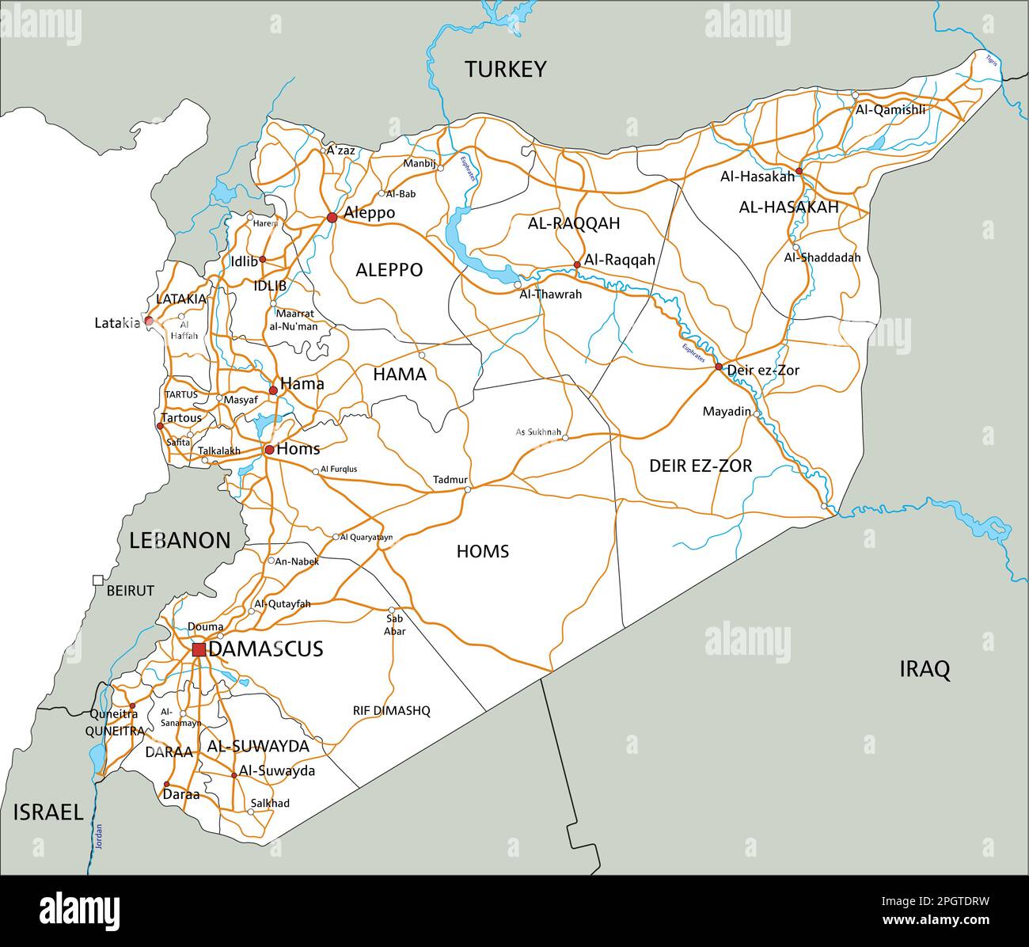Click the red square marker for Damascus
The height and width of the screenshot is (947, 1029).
(199, 649)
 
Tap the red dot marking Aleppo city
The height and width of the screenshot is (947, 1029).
(332, 217)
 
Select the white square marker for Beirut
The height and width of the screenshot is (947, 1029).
(98, 580)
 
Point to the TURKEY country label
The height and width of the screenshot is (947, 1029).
(505, 70)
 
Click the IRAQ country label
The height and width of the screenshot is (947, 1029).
(924, 670)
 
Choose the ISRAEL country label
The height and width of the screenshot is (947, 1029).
(47, 812)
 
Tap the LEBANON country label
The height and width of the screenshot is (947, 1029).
(180, 541)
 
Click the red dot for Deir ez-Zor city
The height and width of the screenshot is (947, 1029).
(719, 367)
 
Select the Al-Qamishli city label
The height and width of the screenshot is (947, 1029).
(890, 110)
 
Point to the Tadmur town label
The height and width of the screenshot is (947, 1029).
(450, 480)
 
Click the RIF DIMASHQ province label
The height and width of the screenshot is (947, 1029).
(391, 711)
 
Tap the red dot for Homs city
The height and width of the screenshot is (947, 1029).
(269, 450)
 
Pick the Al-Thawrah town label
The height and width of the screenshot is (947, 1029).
(550, 295)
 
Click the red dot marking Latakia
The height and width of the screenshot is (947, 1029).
(148, 321)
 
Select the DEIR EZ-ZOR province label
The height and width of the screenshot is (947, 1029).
(701, 466)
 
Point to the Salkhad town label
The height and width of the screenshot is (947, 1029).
(270, 803)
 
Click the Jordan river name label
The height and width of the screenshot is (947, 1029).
(99, 838)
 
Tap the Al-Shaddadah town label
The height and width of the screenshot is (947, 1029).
(822, 257)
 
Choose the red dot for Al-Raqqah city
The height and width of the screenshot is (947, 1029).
(577, 264)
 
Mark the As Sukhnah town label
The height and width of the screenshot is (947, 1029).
(538, 432)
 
